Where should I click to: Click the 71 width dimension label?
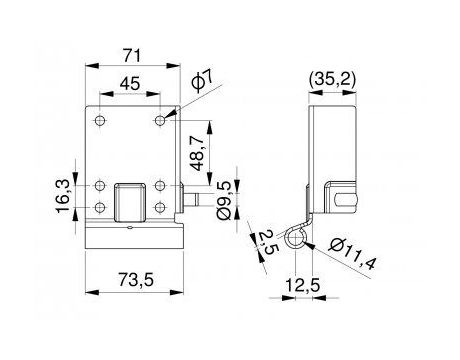(133, 55)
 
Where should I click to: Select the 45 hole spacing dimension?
(130, 83)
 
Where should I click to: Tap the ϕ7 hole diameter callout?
(202, 81)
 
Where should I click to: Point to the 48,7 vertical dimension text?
(199, 153)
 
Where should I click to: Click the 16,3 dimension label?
(63, 195)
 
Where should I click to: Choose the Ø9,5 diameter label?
(225, 200)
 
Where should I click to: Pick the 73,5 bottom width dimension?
(135, 279)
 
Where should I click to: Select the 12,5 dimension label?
(303, 285)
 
